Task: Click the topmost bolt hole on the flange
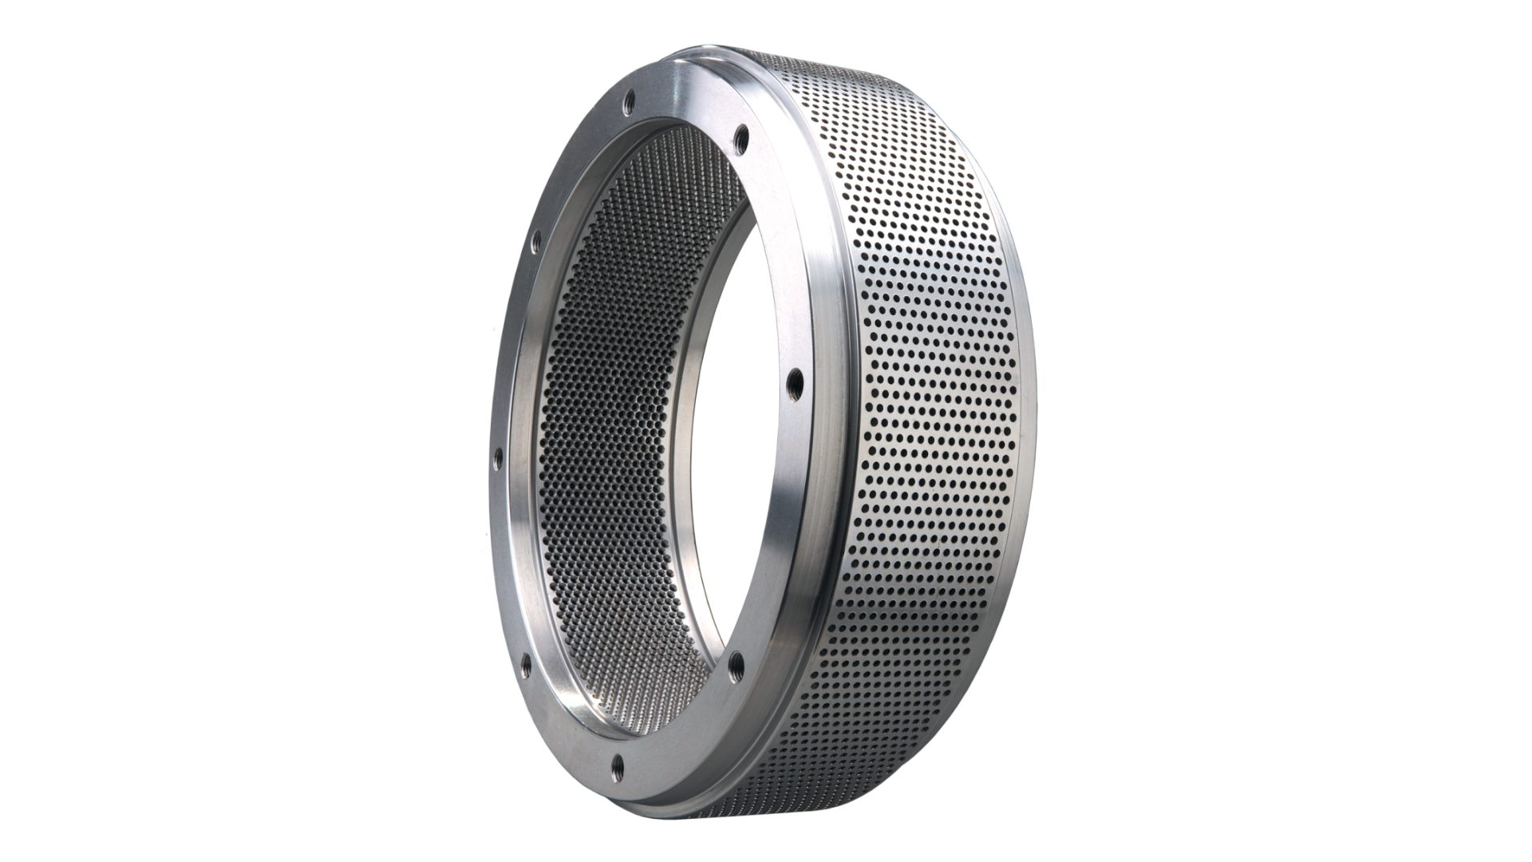pyautogui.click(x=629, y=102)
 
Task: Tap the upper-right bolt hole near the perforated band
pyautogui.click(x=741, y=140)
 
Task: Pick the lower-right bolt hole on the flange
pyautogui.click(x=736, y=665)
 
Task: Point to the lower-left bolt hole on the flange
pyautogui.click(x=526, y=664)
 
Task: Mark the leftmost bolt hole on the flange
pyautogui.click(x=499, y=459)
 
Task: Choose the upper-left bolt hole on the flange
pyautogui.click(x=536, y=239)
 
